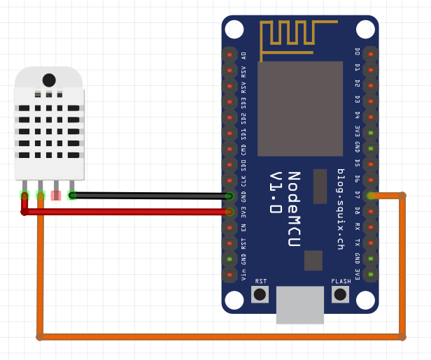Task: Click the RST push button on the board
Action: (x=260, y=294)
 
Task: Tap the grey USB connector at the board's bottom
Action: (x=300, y=305)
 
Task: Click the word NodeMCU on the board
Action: (x=294, y=209)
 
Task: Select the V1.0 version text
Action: (x=276, y=192)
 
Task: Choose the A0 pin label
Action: (x=243, y=55)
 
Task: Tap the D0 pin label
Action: (x=357, y=52)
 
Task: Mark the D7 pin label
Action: (x=357, y=195)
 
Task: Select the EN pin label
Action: (x=243, y=227)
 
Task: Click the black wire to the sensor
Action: (x=150, y=196)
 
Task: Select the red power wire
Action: (x=126, y=211)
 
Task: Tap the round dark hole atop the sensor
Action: (x=49, y=80)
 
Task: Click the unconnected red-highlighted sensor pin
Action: (x=56, y=196)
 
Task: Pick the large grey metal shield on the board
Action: (x=300, y=108)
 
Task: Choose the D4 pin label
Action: (x=357, y=115)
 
